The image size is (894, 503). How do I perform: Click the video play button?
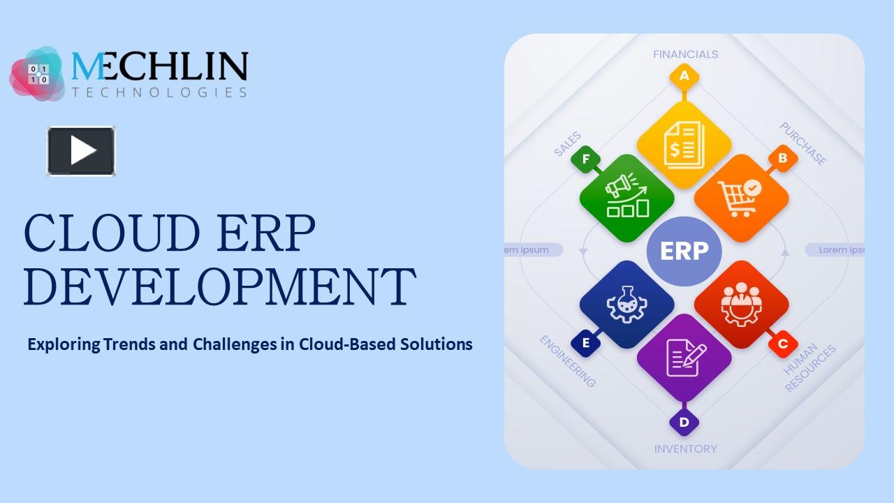click(81, 151)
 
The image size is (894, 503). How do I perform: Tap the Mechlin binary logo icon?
click(38, 74)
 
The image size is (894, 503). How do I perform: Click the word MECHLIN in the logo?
click(159, 67)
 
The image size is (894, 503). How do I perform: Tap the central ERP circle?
click(684, 251)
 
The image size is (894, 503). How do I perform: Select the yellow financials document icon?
click(684, 145)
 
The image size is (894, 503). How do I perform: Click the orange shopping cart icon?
click(741, 198)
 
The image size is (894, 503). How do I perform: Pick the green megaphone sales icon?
click(626, 198)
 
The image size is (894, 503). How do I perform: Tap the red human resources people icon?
click(741, 305)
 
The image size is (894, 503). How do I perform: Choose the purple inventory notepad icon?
click(684, 357)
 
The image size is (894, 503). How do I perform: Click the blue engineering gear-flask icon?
click(626, 305)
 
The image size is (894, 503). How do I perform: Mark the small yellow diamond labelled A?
click(684, 76)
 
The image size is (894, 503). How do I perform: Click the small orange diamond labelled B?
click(782, 159)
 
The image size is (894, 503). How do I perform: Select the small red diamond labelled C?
click(782, 344)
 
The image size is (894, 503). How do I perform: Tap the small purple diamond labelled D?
click(684, 422)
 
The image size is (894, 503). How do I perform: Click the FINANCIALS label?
click(685, 54)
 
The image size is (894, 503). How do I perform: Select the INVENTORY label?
click(685, 449)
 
